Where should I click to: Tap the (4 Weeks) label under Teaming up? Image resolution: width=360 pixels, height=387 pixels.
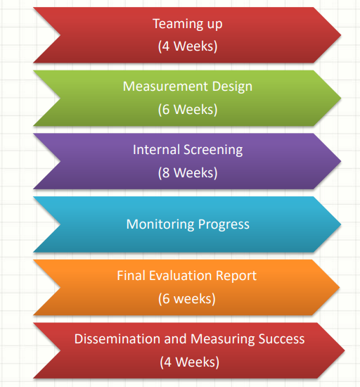188,46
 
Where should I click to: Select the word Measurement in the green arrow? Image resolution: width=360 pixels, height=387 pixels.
165,87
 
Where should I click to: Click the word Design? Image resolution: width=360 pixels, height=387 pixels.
232,87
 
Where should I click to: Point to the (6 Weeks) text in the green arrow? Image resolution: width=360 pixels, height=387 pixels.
188,109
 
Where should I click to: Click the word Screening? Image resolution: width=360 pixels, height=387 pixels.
213,151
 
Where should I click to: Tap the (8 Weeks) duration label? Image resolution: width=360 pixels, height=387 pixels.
188,172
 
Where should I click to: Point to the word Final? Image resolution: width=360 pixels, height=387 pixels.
131,275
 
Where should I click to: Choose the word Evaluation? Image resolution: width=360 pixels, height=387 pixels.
180,275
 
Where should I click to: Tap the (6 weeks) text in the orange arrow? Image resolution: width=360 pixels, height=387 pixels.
186,298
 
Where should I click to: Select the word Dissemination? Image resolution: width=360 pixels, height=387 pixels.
117,338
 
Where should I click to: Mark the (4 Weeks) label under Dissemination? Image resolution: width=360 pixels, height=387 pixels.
189,362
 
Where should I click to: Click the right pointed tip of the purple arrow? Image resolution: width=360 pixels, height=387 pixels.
341,161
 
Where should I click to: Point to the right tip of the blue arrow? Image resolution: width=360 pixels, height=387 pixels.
341,224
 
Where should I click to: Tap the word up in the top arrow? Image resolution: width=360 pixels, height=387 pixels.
214,25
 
